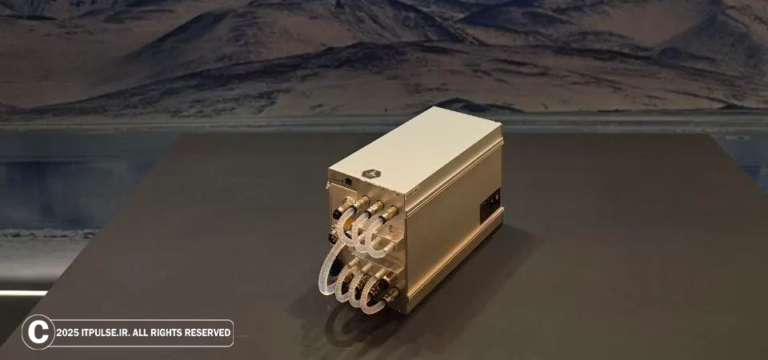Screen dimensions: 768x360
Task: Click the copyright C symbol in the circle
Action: point(38,332)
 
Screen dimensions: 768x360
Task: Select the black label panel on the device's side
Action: point(490,206)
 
